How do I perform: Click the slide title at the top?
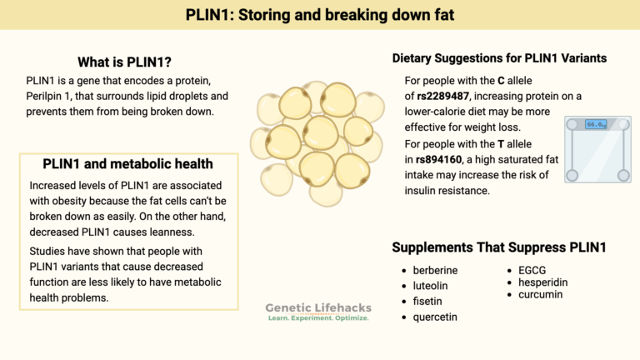(320, 14)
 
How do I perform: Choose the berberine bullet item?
(435, 271)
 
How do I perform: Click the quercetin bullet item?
(435, 317)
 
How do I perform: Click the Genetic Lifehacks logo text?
(317, 307)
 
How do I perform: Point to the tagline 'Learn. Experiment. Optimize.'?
(317, 319)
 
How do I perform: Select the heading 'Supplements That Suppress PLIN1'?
(498, 247)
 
